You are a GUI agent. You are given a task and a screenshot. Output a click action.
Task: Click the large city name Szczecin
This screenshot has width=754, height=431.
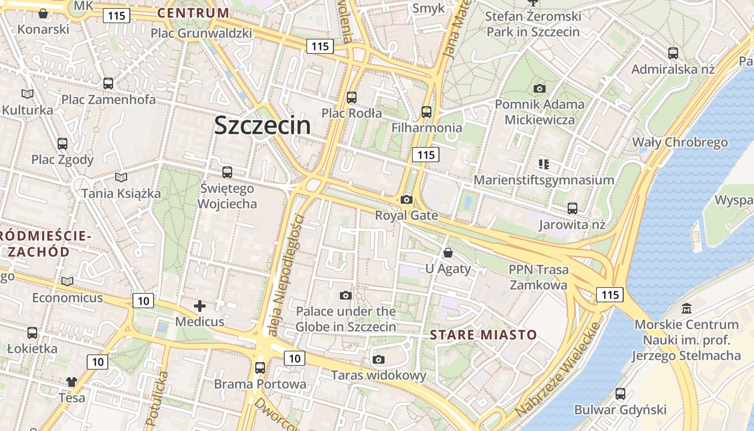[262, 126]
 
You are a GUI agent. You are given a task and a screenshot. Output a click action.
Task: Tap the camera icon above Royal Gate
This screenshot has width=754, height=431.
[407, 200]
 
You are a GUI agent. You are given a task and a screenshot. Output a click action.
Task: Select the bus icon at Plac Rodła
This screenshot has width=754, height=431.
[352, 98]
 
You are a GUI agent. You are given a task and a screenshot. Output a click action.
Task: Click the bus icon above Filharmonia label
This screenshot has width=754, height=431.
[427, 112]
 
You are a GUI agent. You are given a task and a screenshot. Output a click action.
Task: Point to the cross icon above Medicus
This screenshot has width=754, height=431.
[200, 307]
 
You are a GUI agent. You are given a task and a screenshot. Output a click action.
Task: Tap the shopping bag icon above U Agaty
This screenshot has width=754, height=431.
[448, 253]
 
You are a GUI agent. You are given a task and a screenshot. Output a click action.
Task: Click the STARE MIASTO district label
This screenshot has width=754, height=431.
[483, 335]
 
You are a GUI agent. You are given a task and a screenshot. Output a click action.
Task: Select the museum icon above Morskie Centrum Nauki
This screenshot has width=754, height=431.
[687, 309]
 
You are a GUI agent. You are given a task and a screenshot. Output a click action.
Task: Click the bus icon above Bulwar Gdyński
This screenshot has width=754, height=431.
[620, 394]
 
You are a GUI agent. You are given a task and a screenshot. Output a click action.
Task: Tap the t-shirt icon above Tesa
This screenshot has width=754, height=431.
[72, 382]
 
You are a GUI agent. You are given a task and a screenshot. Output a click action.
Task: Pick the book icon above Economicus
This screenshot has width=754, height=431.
[67, 282]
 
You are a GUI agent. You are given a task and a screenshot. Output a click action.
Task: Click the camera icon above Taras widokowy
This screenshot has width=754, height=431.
[379, 359]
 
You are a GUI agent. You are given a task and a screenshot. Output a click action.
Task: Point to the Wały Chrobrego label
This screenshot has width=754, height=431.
[680, 142]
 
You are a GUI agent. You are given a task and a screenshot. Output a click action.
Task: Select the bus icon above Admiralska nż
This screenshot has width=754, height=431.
[673, 53]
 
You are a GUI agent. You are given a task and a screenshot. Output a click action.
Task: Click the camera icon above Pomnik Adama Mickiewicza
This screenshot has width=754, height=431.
[539, 88]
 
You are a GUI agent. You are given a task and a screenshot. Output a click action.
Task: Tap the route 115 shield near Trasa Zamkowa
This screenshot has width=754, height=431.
[610, 295]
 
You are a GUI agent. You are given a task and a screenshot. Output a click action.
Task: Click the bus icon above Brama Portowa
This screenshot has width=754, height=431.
[260, 368]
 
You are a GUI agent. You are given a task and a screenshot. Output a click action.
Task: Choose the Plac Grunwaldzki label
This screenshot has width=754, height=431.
[201, 33]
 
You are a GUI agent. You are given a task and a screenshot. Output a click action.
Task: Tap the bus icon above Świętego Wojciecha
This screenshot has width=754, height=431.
[227, 172]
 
